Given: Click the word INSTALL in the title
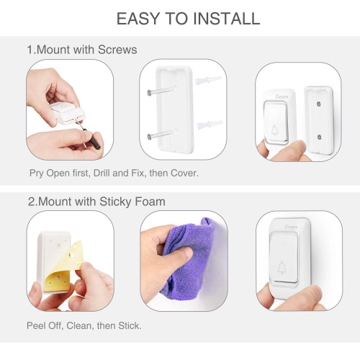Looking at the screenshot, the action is point(227,19).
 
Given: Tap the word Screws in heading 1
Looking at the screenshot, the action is point(117,50).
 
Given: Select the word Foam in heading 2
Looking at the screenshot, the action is point(150,202).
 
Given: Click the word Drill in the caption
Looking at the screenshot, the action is point(102,173).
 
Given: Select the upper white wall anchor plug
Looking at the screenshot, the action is point(208,81).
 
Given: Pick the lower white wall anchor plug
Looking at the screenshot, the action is point(210,125).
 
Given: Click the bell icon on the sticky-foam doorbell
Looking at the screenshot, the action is point(282,268).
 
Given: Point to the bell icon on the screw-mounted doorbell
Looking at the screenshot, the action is point(274,130).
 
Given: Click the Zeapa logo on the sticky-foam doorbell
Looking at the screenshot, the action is point(291,227).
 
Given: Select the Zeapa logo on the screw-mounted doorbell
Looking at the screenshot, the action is point(282,96).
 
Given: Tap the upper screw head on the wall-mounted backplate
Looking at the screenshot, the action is point(319,104).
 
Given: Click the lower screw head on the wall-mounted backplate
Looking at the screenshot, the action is point(319,138).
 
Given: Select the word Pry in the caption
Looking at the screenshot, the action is point(37,174).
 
